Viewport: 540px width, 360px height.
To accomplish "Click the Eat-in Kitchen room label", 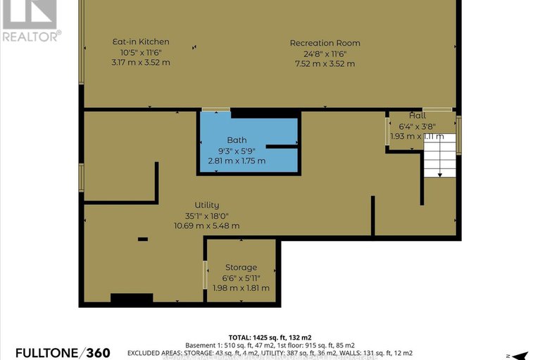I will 141,42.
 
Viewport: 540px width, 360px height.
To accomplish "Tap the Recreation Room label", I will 325,43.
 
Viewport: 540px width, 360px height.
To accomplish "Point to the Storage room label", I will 241,268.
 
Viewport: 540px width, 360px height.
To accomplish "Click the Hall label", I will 417,115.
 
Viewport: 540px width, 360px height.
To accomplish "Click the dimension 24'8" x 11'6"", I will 325,54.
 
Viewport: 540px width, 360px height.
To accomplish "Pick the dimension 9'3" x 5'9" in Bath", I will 237,151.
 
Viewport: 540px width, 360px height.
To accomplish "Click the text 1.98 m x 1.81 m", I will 241,287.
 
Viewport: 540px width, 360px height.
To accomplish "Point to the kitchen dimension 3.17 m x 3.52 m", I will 141,63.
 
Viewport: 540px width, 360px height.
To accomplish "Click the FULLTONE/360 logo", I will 56,352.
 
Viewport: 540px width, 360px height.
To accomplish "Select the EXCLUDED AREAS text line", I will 270,352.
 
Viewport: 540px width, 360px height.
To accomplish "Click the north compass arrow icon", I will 520,354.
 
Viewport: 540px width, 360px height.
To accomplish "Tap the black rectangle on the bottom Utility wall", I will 132,299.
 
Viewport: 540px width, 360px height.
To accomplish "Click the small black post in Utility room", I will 143,240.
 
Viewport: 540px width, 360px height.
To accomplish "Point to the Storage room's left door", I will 205,274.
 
